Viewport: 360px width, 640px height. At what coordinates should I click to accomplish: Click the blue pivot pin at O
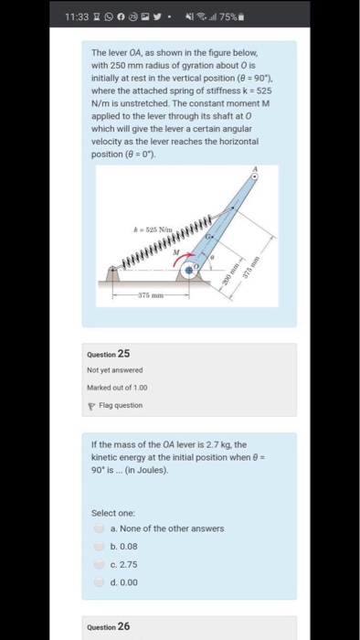190,271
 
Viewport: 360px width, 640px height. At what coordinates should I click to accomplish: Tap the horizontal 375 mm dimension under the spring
151,294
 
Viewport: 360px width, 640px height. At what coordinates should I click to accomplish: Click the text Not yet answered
115,370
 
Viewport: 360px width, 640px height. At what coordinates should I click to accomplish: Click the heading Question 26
110,626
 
